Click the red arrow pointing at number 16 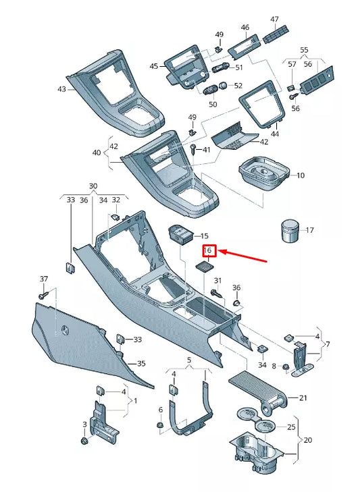click(243, 255)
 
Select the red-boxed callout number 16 click(209, 250)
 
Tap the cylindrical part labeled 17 click(289, 230)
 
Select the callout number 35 click(141, 364)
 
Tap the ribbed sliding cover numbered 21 click(256, 389)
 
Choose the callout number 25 click(292, 427)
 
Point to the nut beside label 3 click(84, 441)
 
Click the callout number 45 click(154, 66)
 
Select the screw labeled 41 click(195, 149)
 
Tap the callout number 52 click(238, 86)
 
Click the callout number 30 click(93, 186)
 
